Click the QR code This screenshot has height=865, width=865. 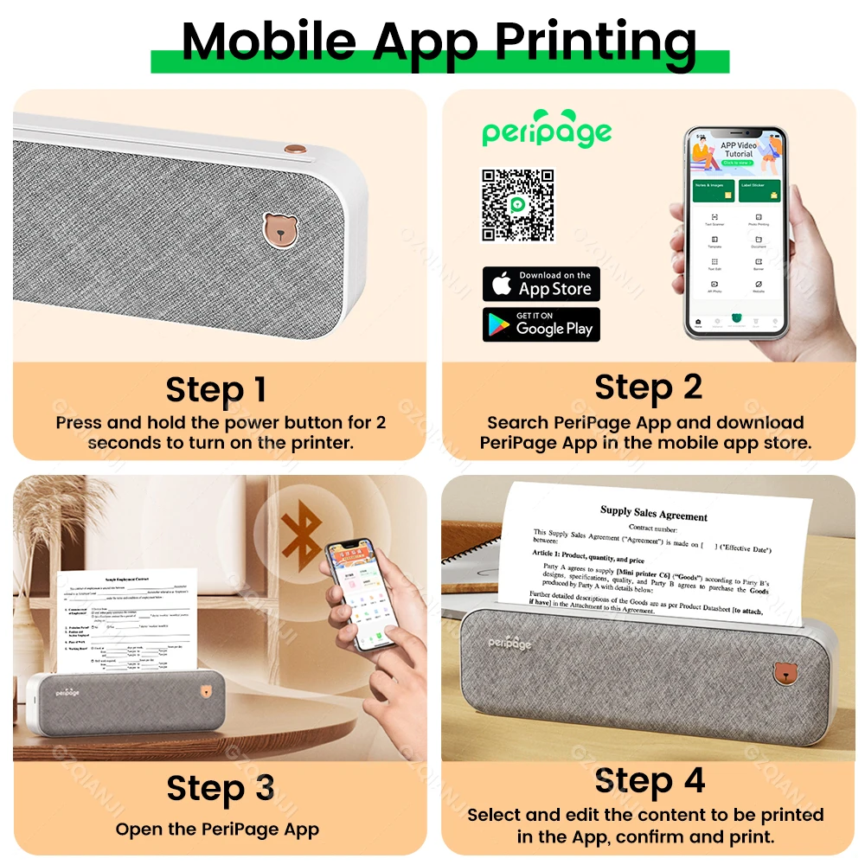[517, 205]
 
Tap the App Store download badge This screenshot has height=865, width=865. [541, 284]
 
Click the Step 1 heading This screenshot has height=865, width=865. [216, 390]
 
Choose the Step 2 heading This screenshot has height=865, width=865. [649, 388]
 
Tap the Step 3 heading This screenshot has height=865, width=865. [221, 789]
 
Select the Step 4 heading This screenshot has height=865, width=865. [650, 780]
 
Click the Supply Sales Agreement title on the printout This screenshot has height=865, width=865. [654, 514]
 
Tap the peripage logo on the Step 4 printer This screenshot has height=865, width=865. [509, 643]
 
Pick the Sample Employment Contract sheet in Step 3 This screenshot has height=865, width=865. [126, 623]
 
